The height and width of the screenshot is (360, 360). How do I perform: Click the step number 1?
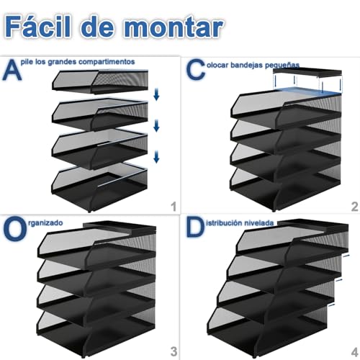tap(172, 207)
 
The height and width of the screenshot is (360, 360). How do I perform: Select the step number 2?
tap(353, 207)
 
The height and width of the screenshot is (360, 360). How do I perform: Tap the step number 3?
tap(172, 351)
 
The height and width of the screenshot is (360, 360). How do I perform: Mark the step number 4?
tap(353, 351)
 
